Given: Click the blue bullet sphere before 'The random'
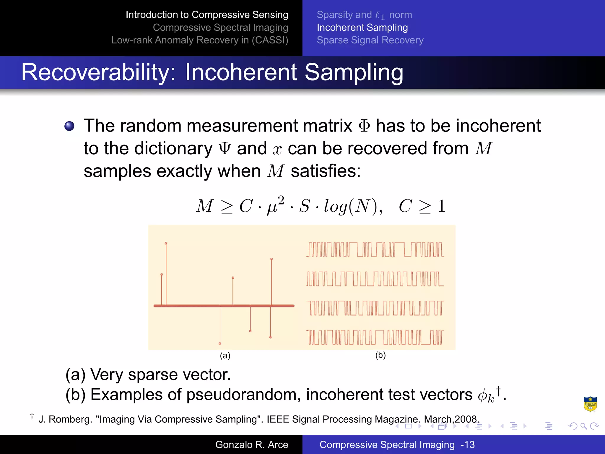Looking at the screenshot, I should pyautogui.click(x=69, y=126).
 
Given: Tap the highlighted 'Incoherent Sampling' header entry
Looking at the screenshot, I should pyautogui.click(x=362, y=27).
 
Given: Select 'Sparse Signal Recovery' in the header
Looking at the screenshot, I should pyautogui.click(x=370, y=40).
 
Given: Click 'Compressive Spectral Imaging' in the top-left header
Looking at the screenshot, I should pyautogui.click(x=220, y=27).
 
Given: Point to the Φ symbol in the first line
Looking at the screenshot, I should pyautogui.click(x=364, y=126).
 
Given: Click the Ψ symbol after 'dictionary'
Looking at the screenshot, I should pyautogui.click(x=225, y=149).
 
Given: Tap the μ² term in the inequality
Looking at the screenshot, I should pyautogui.click(x=275, y=205).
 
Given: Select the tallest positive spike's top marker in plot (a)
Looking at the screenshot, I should pyautogui.click(x=166, y=243).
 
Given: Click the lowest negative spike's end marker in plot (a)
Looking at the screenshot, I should pyautogui.click(x=220, y=343).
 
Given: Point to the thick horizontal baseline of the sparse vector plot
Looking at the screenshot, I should pyautogui.click(x=192, y=306).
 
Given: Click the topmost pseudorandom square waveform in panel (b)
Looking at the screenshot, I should pyautogui.click(x=375, y=249).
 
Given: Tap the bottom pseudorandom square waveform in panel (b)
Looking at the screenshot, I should pyautogui.click(x=375, y=337).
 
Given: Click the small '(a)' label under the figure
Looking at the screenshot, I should pyautogui.click(x=225, y=356).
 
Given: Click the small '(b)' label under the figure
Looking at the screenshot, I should pyautogui.click(x=380, y=355).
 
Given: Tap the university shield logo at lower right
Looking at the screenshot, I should pyautogui.click(x=590, y=404).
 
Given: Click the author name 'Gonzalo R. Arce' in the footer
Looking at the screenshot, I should pyautogui.click(x=252, y=445).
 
